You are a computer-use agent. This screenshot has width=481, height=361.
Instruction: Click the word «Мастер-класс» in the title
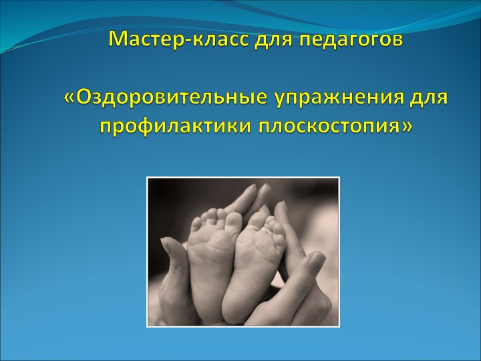coord(176,40)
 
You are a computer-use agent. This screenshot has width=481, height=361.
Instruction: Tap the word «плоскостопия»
coord(325,125)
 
